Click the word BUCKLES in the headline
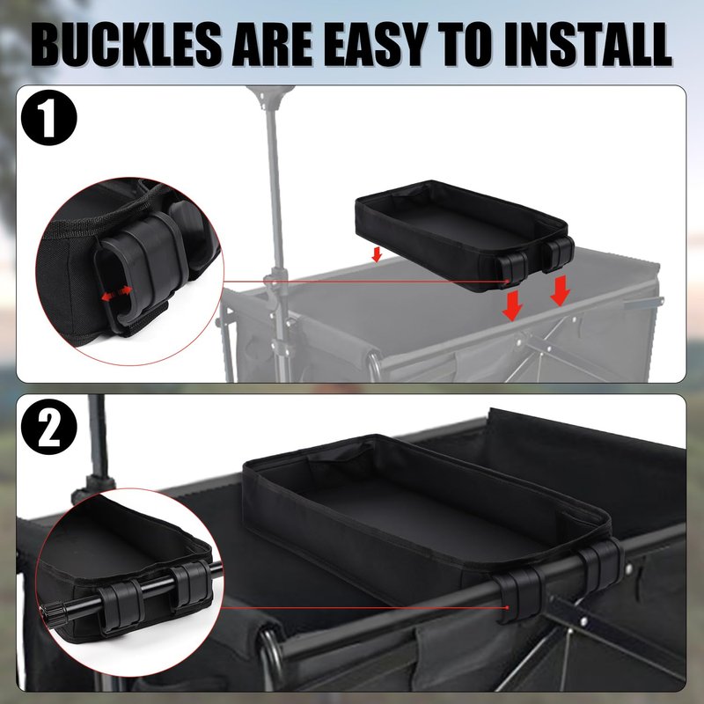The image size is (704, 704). pyautogui.click(x=126, y=45)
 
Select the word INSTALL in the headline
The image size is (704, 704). pyautogui.click(x=587, y=45)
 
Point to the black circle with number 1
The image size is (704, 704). pyautogui.click(x=49, y=118)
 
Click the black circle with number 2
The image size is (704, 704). pyautogui.click(x=49, y=427)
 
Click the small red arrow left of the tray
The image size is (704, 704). pyautogui.click(x=377, y=253)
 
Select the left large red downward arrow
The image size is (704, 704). pyautogui.click(x=512, y=305)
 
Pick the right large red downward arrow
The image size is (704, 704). pyautogui.click(x=560, y=290)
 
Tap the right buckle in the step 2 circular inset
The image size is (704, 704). pyautogui.click(x=191, y=586)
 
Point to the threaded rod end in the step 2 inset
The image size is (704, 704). pyautogui.click(x=54, y=614)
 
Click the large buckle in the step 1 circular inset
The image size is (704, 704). pyautogui.click(x=143, y=269)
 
